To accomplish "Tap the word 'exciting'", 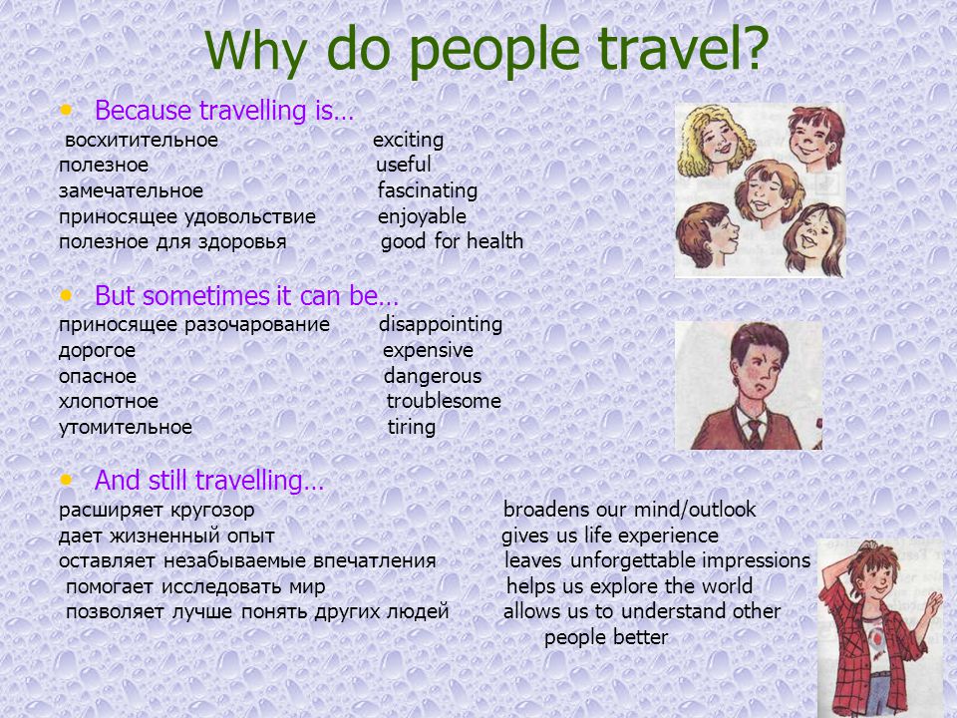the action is (409, 141).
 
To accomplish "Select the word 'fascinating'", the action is (428, 190).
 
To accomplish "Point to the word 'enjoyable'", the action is (422, 216).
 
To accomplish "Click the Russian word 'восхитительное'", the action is (142, 141).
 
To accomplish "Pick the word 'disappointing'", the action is (441, 325).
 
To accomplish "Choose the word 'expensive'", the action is (428, 351).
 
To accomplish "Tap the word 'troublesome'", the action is (444, 401).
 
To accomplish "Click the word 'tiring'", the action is (412, 428).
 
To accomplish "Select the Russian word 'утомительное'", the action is (126, 428).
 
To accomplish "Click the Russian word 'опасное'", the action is (98, 377).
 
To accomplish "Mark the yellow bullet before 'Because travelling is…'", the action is (66, 111).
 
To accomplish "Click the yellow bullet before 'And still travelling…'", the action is (66, 480).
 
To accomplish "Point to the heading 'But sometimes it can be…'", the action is (246, 296).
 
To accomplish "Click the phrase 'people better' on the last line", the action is (606, 637).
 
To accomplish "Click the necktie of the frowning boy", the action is (756, 434).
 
